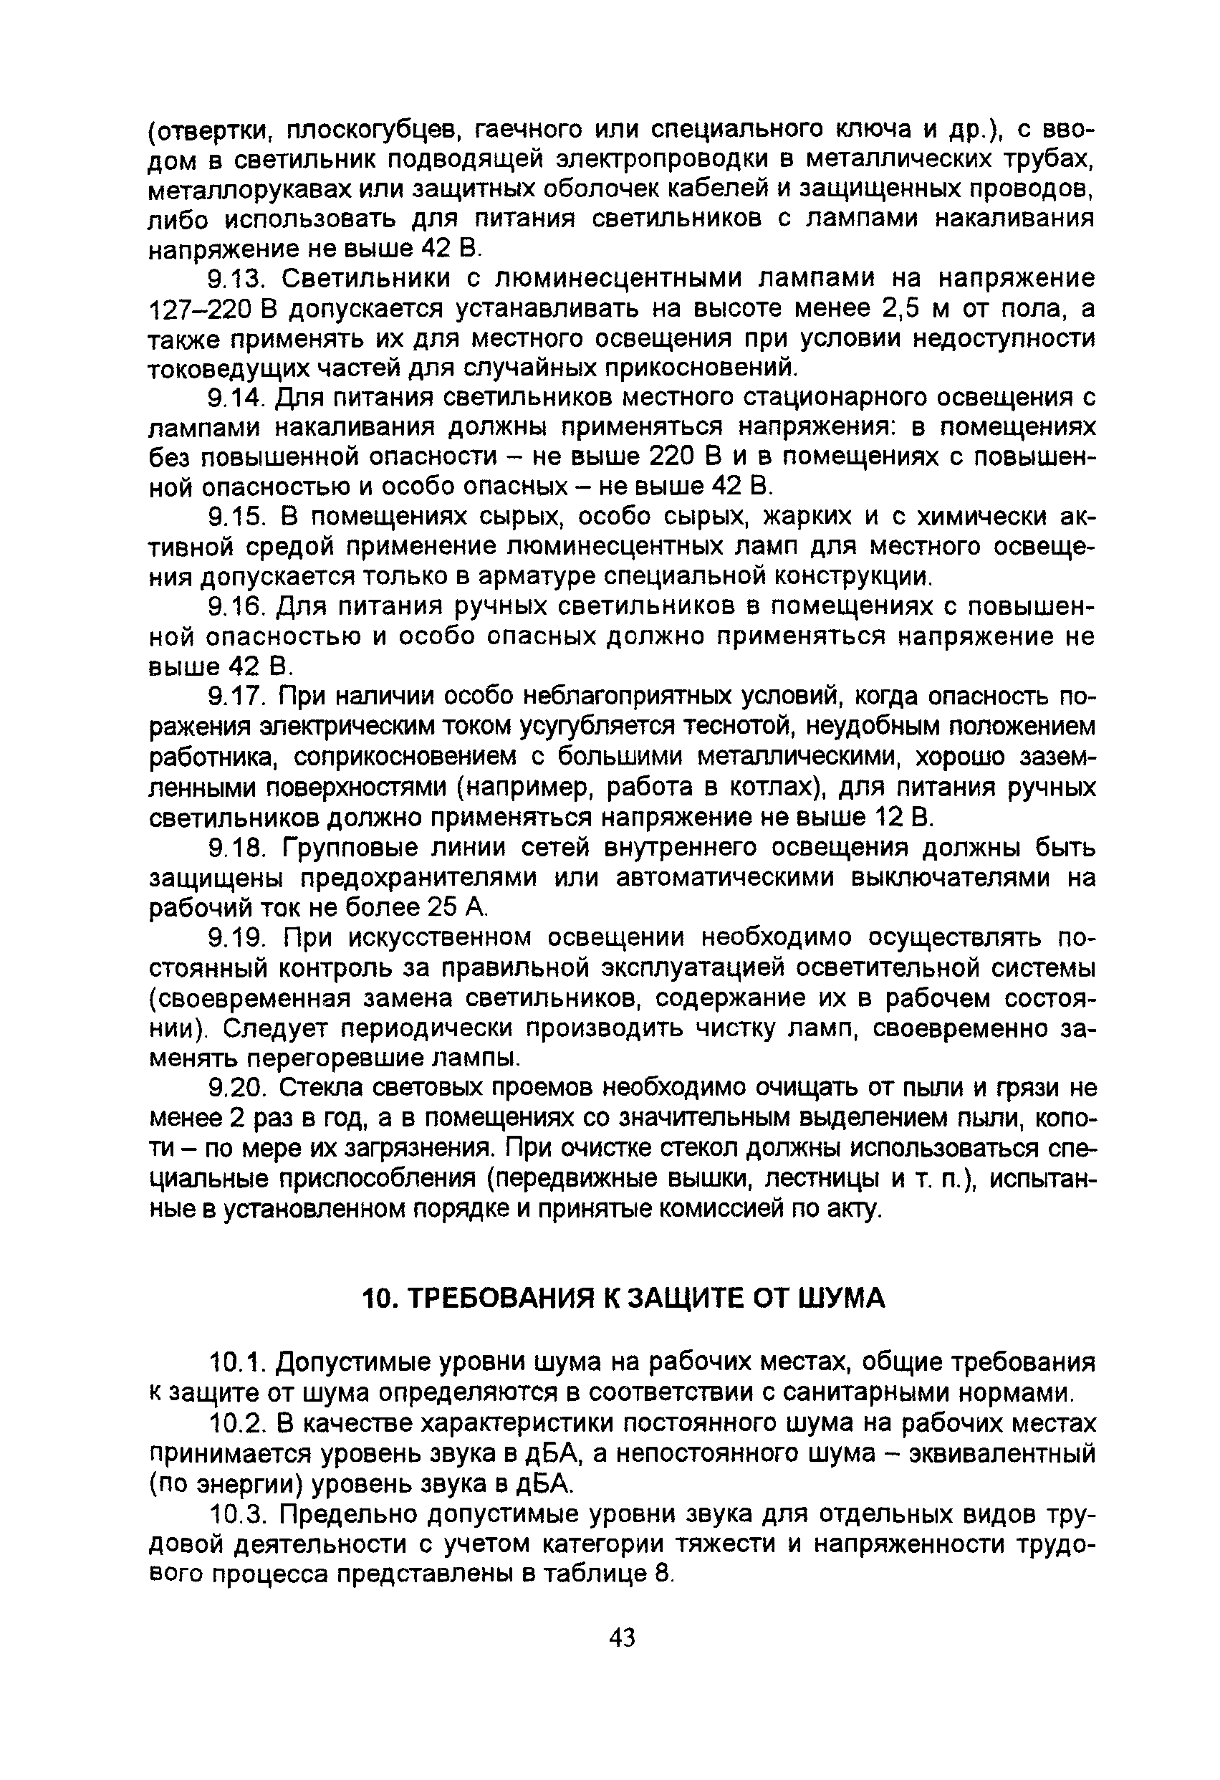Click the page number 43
point(622,1638)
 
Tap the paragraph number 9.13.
point(236,278)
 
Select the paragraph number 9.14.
point(236,398)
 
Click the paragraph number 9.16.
point(236,607)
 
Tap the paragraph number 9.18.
point(236,848)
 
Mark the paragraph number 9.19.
point(236,937)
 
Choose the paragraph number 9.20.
point(236,1088)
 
